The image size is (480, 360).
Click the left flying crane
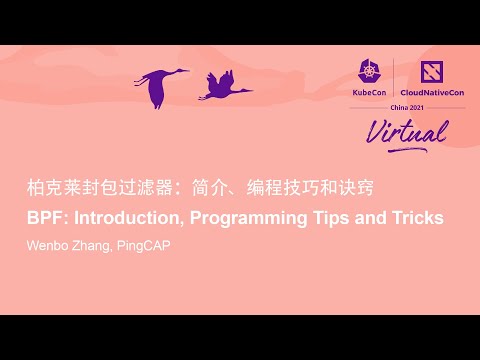point(160,87)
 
